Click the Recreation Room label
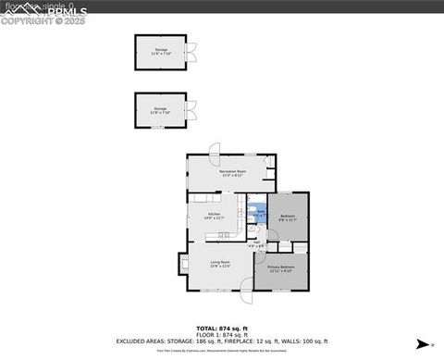[x=232, y=171]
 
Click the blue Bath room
[x=261, y=213]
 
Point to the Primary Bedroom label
[x=280, y=269]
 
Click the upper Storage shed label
[x=161, y=50]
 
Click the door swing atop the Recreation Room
[x=214, y=148]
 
